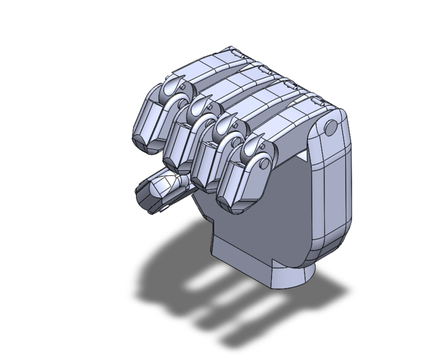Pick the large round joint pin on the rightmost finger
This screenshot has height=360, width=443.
pos(261,164)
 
